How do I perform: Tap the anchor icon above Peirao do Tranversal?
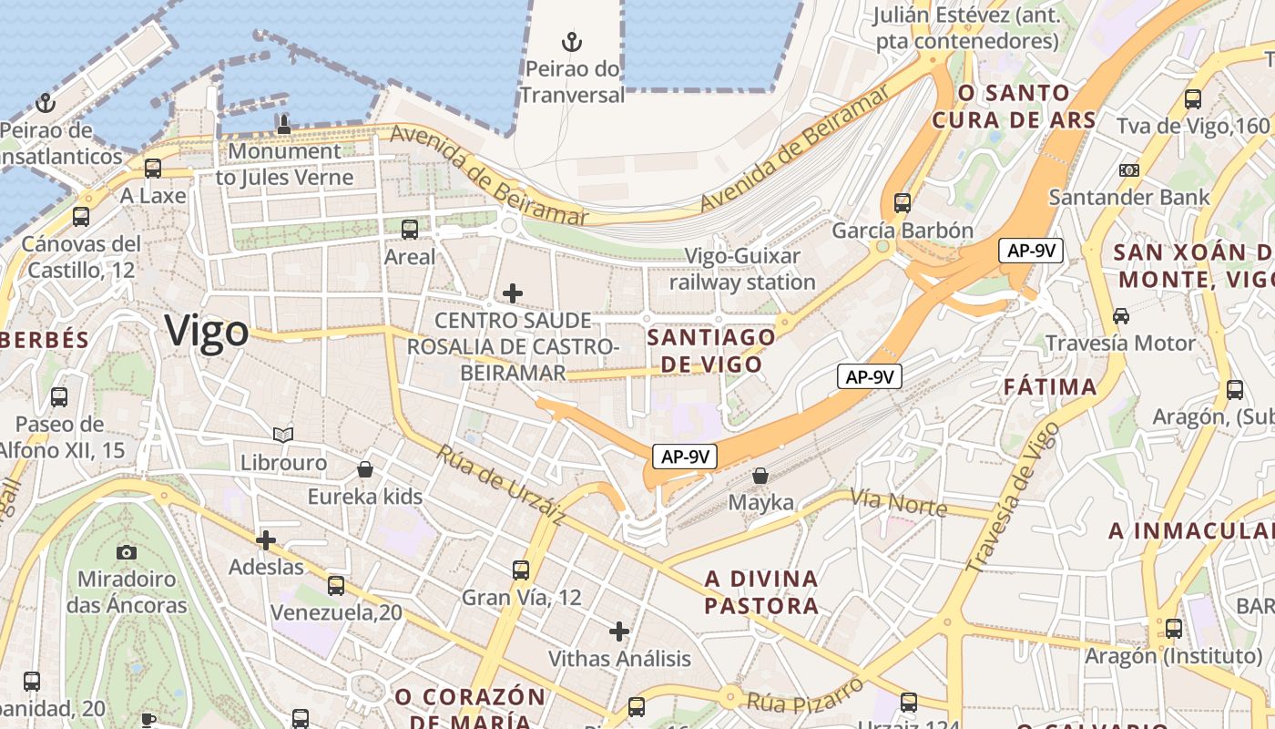point(572,42)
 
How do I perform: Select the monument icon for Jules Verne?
point(284,125)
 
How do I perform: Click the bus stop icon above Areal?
point(410,230)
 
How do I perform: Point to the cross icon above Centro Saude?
point(513,293)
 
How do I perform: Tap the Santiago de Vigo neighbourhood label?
point(710,351)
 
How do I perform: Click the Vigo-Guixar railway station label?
point(742,269)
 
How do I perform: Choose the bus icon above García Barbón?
point(903,202)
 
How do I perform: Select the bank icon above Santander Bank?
point(1129,170)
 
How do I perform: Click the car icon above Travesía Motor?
point(1120,316)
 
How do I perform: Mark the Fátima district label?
point(1050,387)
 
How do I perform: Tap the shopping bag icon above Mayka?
point(760,476)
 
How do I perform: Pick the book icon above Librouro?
point(283,436)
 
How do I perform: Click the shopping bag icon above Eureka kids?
point(365,469)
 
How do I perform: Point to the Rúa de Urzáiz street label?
point(500,484)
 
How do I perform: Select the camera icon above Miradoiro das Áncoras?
point(127,552)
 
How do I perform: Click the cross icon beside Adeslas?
point(266,541)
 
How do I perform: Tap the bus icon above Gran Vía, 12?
point(521,570)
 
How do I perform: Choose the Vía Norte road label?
point(898,501)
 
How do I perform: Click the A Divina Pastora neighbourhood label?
point(761,592)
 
